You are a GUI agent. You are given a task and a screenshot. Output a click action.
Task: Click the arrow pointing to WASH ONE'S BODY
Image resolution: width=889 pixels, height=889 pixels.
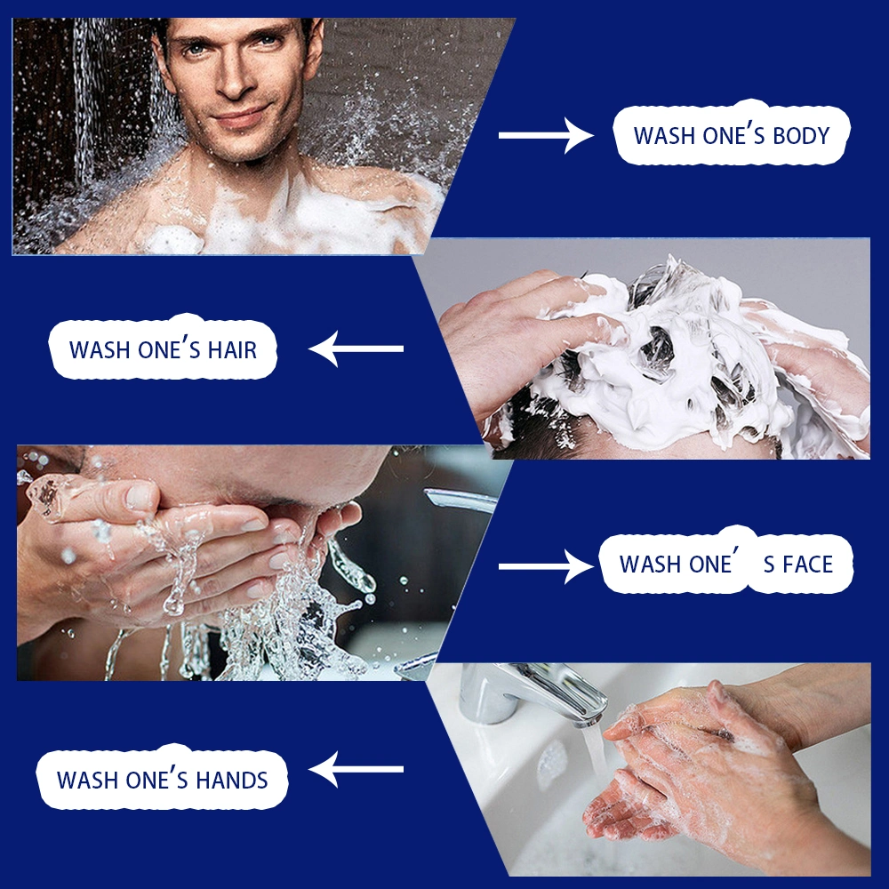pyautogui.click(x=546, y=135)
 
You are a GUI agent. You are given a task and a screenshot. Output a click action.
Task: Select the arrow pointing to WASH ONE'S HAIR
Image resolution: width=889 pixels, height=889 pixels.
pyautogui.click(x=356, y=348)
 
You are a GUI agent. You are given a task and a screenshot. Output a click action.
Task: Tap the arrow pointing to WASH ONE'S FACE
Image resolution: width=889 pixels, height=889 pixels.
pyautogui.click(x=546, y=566)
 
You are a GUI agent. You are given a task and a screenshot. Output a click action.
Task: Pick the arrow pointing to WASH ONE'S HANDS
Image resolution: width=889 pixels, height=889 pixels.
pyautogui.click(x=356, y=769)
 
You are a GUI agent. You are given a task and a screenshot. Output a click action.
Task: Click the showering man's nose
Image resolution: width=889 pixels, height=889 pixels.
pyautogui.click(x=234, y=79)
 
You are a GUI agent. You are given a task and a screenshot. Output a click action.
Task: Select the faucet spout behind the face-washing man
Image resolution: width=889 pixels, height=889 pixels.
pyautogui.click(x=460, y=500)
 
